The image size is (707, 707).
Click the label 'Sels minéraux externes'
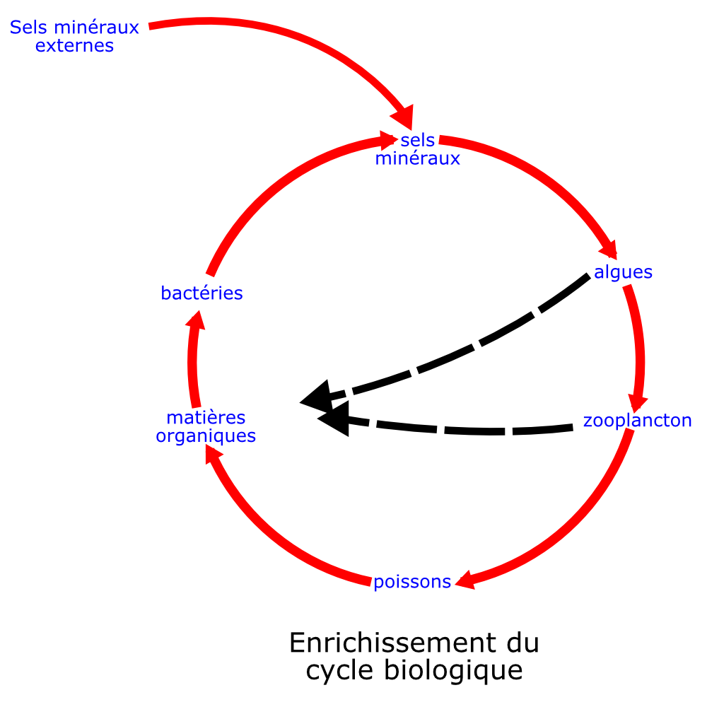74,37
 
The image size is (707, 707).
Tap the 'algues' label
623,272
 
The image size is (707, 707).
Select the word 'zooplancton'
637,421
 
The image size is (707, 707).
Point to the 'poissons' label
412,582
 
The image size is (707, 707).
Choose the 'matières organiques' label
206,427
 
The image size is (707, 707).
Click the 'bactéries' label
201,293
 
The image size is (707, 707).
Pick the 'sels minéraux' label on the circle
418,149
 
